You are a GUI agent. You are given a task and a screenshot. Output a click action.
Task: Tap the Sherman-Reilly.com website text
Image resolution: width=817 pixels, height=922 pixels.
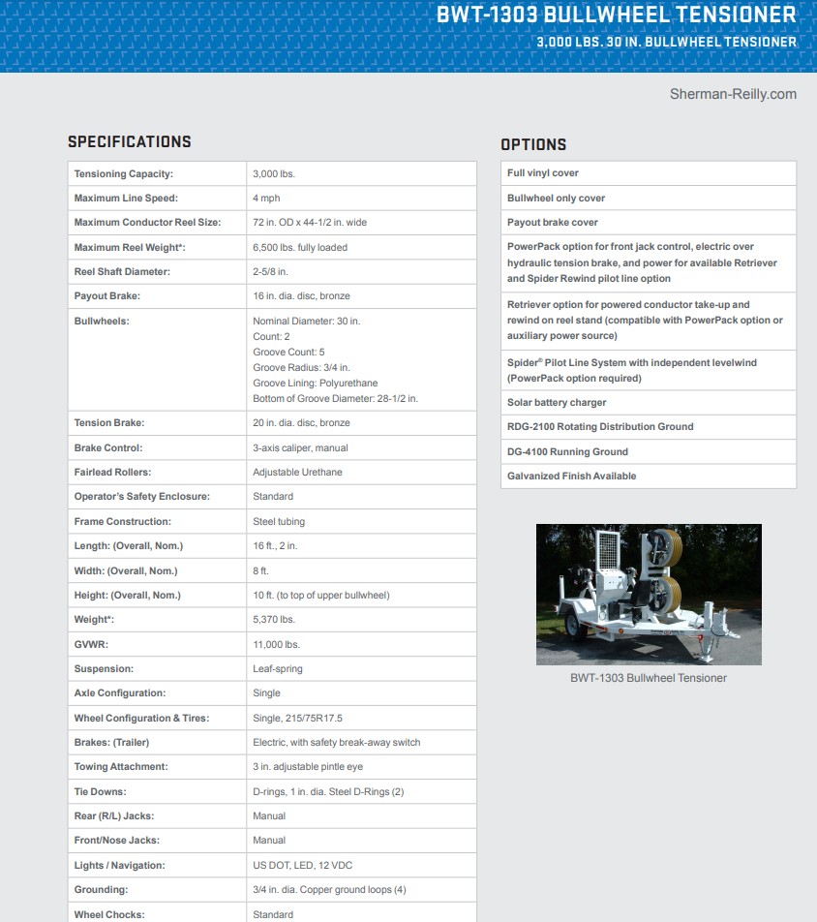733,94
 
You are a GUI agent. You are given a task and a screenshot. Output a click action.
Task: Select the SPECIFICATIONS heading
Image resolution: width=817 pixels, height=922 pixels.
129,141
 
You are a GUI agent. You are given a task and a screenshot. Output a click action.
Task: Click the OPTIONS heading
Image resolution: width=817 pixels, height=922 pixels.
533,144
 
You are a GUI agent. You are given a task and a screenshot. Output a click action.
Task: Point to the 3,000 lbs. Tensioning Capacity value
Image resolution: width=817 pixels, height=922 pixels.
274,173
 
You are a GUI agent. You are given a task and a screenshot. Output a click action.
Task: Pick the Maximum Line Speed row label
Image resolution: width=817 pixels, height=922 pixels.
126,199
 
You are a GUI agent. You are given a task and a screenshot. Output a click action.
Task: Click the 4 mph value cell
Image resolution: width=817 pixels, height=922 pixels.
266,199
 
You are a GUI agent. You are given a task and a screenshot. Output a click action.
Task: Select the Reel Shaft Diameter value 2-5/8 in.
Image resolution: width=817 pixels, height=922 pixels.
270,272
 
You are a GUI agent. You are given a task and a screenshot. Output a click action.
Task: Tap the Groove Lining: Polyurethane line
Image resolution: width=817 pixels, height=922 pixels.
315,384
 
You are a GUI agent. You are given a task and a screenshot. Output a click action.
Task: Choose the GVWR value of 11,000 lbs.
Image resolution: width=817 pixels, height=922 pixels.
276,644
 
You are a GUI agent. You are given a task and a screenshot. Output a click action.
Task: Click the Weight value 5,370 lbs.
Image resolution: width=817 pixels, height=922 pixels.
274,620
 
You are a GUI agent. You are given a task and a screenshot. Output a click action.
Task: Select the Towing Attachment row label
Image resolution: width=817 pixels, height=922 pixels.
121,767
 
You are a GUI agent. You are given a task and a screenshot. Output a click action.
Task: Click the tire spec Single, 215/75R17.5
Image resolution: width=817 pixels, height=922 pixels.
298,719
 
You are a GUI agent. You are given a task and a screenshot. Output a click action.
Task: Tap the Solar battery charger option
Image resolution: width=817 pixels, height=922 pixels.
557,403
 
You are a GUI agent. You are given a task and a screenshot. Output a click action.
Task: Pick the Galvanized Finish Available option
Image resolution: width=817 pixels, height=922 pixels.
571,476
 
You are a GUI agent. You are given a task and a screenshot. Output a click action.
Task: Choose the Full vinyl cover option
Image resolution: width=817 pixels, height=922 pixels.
543,173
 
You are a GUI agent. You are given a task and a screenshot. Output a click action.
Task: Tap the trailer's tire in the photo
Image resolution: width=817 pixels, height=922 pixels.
572,622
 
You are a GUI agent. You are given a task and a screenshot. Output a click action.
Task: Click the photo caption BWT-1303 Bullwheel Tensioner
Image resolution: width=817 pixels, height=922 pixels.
648,678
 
